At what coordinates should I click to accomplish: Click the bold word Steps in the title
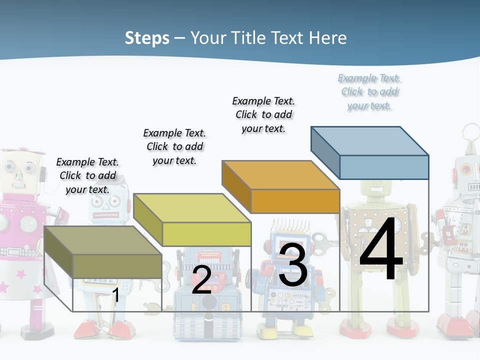pos(147,38)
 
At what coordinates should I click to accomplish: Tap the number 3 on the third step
pos(293,264)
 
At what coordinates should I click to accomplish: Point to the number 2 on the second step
pos(201,280)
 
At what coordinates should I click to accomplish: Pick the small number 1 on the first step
pos(115,295)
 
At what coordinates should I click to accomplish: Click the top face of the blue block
pos(370,140)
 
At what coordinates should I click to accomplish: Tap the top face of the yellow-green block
pos(192,208)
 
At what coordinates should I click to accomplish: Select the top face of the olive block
pos(103,240)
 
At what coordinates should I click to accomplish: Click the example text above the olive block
pos(87,175)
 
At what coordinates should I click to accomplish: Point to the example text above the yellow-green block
pos(174,146)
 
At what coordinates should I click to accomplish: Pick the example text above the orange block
pos(263,114)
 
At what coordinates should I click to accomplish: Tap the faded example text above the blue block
pos(369,91)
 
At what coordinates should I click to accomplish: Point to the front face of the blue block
pos(384,167)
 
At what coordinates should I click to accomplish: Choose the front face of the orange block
pos(295,201)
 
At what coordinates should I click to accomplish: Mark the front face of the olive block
pos(117,266)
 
